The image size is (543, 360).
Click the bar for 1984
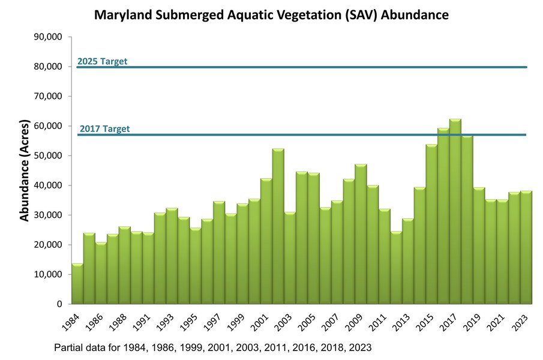77,284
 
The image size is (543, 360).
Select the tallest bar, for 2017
455,211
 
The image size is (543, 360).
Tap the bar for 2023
526,247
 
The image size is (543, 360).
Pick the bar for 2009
361,234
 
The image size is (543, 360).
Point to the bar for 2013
408,261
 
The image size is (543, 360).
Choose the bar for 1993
172,256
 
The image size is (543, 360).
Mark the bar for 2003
290,258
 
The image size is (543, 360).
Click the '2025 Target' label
102,61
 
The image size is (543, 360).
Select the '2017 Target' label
104,129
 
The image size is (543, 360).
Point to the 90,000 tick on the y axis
48,37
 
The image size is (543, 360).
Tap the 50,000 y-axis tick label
48,155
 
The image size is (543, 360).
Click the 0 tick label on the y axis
59,304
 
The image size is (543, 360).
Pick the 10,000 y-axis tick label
48,274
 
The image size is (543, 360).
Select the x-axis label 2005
306,322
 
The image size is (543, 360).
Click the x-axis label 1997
212,322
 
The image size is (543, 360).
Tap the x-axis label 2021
495,322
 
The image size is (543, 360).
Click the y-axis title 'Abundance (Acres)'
24,170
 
